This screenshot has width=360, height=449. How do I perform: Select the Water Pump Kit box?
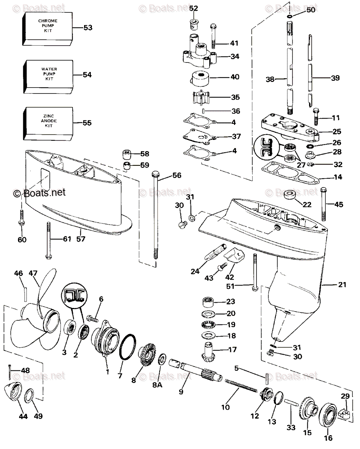coord(47,75)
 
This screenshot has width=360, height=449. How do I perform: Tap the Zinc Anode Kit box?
coord(47,122)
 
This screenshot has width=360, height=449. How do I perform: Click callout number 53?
coord(87,28)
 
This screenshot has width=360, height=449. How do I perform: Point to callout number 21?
coord(342,285)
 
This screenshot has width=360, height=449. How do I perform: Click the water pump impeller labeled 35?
coord(200,98)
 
